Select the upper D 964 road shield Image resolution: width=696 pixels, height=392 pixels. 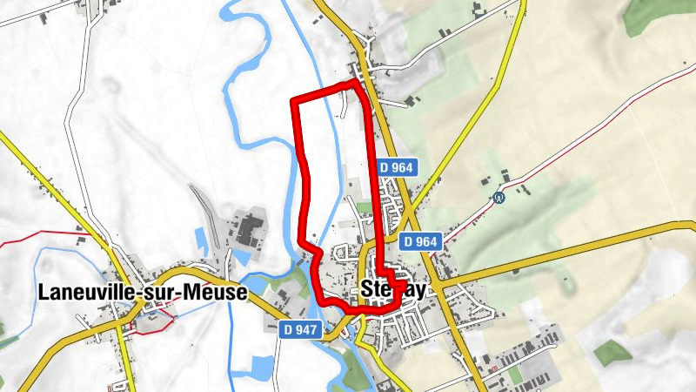pos(399,166)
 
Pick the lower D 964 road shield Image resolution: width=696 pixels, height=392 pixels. pos(422,240)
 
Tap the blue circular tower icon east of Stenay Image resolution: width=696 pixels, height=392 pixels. pos(499,197)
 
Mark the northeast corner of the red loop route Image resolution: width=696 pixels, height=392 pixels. pos(358,83)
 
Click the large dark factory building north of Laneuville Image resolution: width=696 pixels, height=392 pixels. pos(248,229)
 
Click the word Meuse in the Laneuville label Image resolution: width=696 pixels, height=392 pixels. pos(215,294)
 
